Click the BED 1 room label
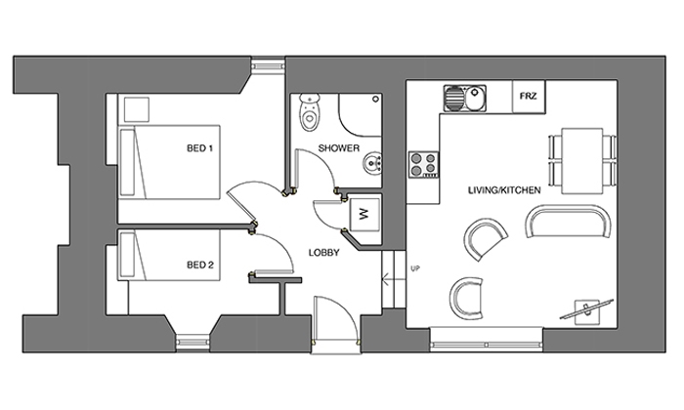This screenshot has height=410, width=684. click(199, 148)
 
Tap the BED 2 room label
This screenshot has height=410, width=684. click(200, 265)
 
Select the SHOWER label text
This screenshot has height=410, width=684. click(339, 148)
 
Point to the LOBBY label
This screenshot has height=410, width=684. click(323, 253)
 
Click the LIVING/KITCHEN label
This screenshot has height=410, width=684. click(504, 190)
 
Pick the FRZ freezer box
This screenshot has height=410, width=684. click(529, 97)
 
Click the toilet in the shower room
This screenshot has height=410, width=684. click(310, 112)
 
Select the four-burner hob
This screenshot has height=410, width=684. click(423, 164)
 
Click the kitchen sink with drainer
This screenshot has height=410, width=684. click(465, 98)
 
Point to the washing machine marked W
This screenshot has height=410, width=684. click(364, 215)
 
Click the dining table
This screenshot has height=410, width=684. click(582, 161)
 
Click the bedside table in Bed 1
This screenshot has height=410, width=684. click(137, 109)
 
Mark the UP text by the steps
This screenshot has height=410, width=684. click(415, 268)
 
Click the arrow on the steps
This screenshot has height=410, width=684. click(388, 279)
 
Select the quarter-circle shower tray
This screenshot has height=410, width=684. click(361, 114)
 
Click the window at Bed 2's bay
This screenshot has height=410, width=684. click(193, 342)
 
